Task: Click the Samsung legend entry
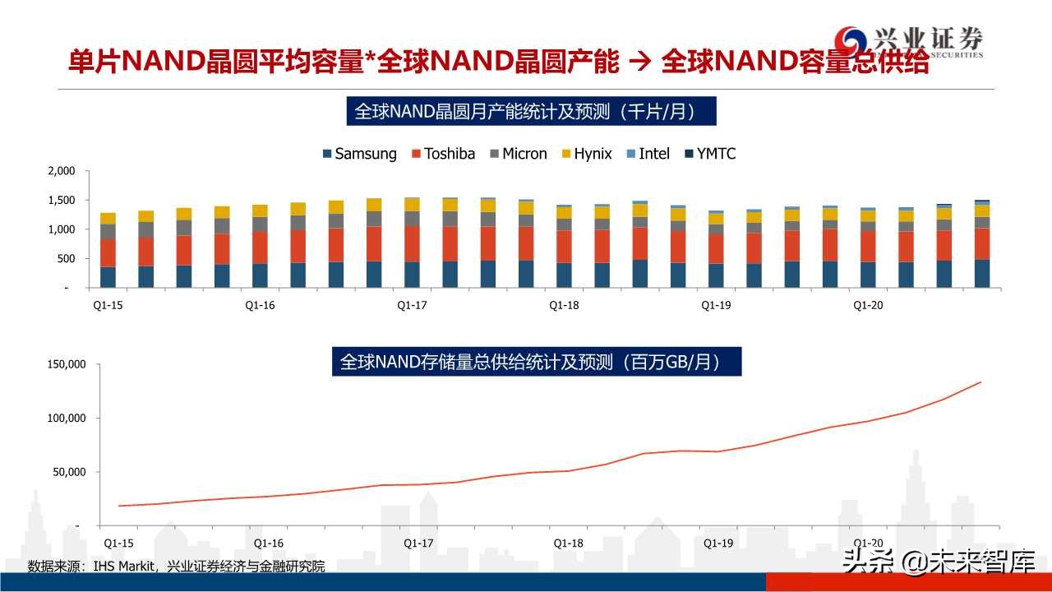[359, 154]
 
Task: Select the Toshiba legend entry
[443, 154]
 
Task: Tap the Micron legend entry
[518, 154]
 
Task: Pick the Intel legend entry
[648, 154]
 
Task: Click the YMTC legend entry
[709, 154]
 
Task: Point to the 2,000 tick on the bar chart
[62, 171]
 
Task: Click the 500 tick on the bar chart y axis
[65, 259]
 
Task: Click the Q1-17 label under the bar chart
[412, 305]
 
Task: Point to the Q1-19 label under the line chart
[718, 543]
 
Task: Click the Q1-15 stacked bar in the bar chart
[108, 251]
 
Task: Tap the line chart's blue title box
[537, 362]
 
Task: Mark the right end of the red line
[980, 382]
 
